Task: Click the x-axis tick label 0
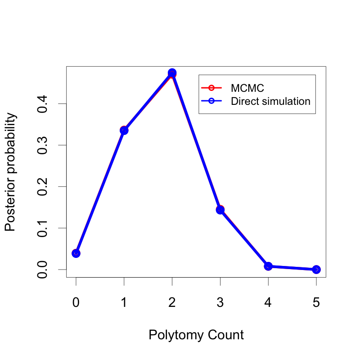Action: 76,302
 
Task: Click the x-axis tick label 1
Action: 124,302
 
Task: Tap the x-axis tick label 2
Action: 172,302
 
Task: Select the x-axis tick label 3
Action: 220,302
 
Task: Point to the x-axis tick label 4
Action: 268,302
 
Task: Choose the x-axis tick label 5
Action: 316,302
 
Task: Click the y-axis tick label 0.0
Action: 42,270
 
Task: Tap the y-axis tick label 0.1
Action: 42,228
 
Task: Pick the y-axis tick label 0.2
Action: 42,187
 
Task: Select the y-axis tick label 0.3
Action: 42,145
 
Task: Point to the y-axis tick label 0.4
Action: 42,104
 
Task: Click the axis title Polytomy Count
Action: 196,335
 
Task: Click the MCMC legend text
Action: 247,88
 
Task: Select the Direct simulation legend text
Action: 270,101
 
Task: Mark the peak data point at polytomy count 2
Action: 172,73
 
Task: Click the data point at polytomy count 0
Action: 76,253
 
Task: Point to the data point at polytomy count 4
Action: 268,266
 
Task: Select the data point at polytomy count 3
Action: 220,210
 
